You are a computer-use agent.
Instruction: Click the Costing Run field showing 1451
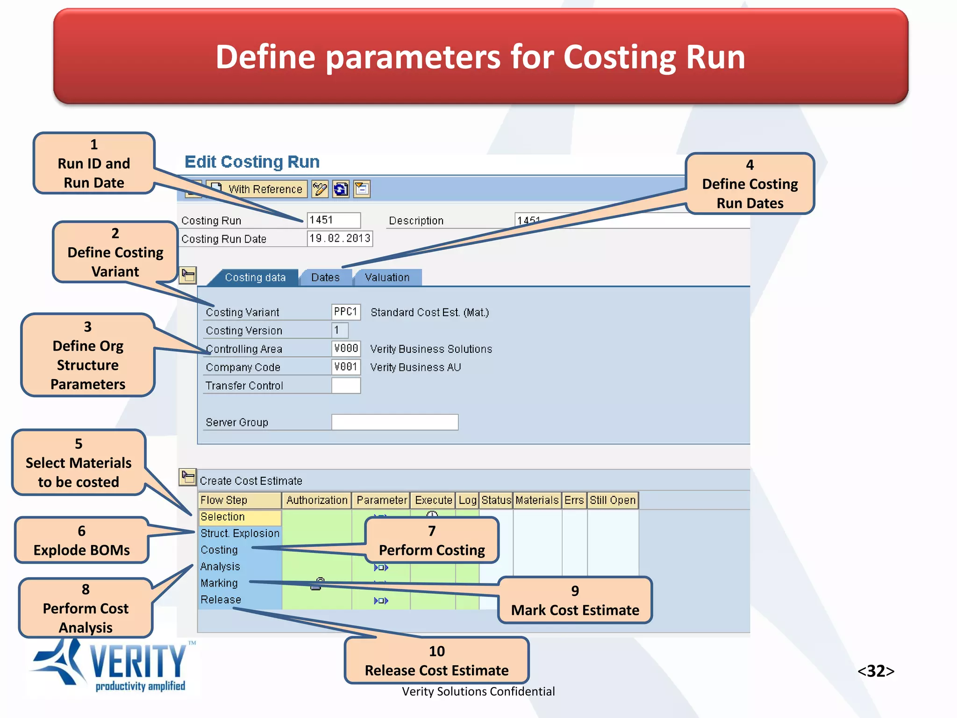coord(334,220)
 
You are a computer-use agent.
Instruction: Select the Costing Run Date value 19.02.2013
coord(340,238)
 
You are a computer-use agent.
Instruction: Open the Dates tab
coord(325,277)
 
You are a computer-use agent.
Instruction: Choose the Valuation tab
coord(387,277)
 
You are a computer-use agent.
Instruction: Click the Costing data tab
coord(255,277)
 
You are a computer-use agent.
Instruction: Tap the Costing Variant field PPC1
coord(346,312)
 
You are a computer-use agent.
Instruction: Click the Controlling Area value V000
coord(346,349)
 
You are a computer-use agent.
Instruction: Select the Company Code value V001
coord(346,367)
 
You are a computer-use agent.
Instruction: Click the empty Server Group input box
coord(395,422)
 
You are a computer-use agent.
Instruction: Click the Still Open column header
coord(612,500)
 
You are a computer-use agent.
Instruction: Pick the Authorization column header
coord(317,500)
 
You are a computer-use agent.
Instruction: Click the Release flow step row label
coord(221,600)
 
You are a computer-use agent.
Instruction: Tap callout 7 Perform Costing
coord(432,541)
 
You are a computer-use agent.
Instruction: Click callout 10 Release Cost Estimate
coord(436,661)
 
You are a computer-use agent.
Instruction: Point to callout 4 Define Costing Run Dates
coord(750,184)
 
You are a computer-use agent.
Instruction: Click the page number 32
coord(876,671)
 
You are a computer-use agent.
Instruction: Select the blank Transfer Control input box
coord(346,386)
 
